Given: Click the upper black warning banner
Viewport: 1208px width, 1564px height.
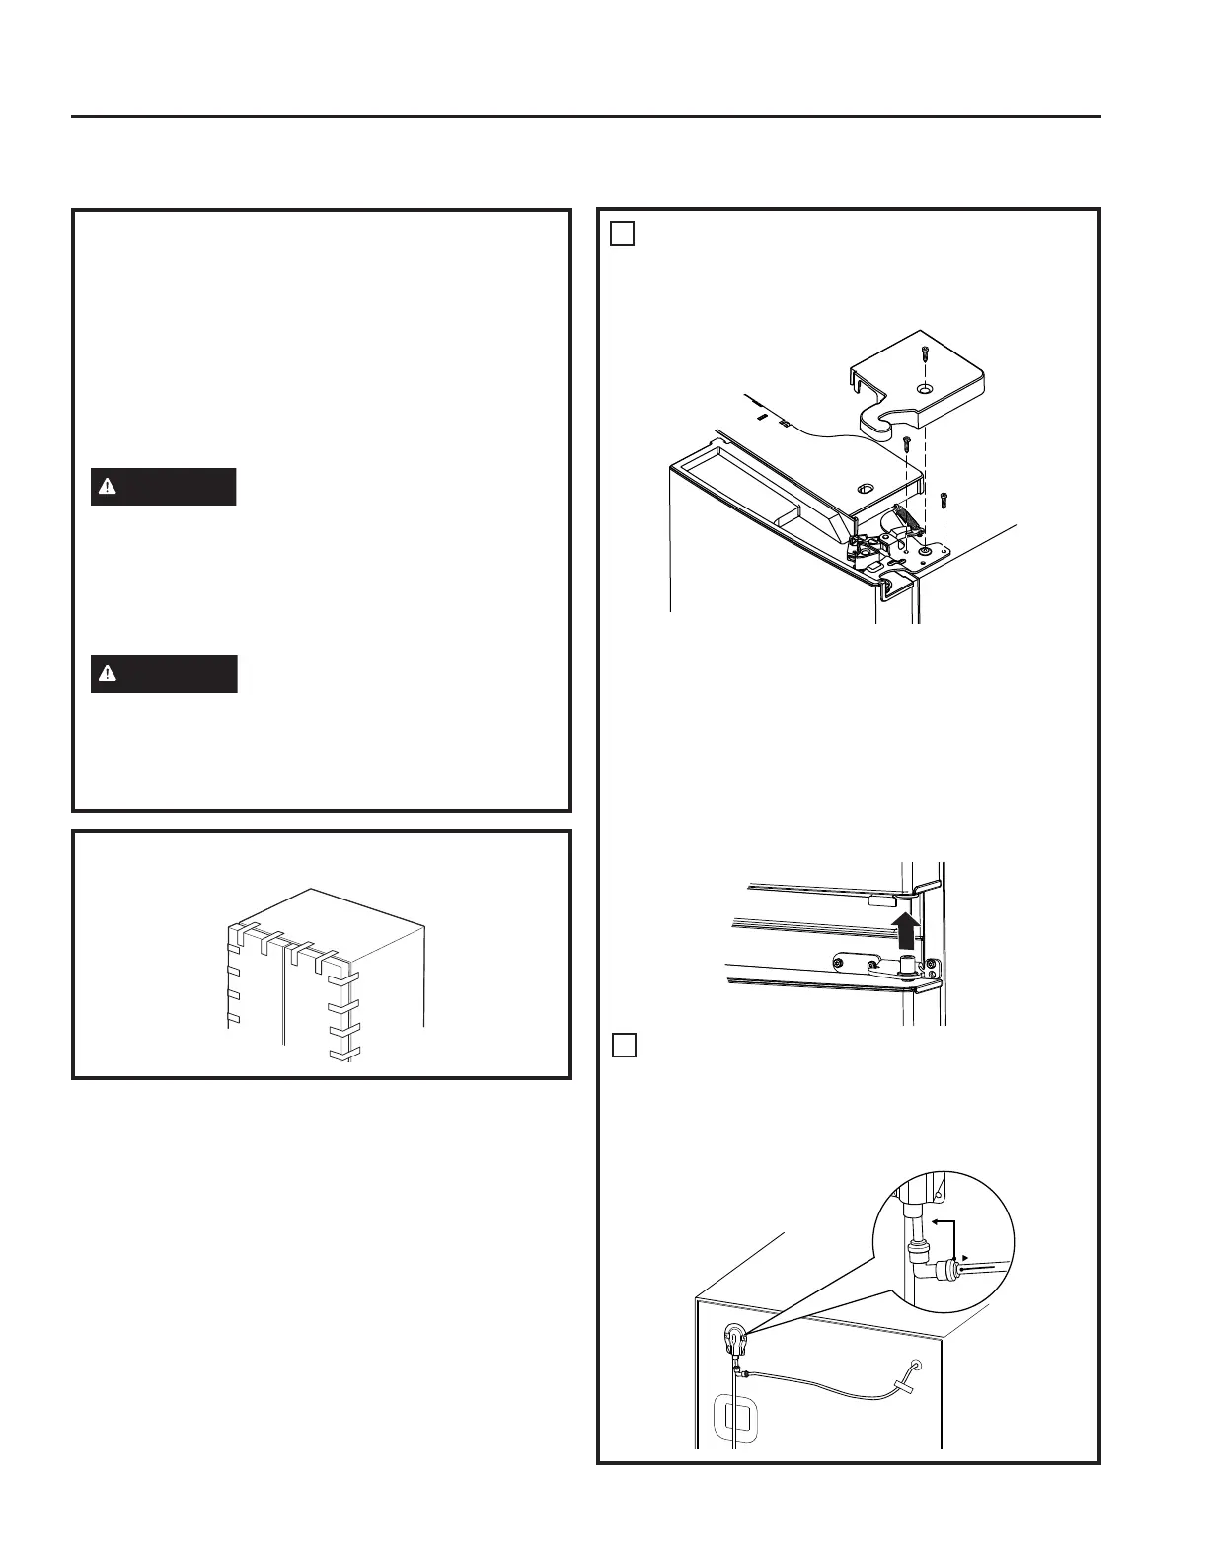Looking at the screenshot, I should click(163, 487).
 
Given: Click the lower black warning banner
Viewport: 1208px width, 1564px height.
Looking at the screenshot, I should click(163, 673).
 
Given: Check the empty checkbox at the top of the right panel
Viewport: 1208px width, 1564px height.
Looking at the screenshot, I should click(622, 233).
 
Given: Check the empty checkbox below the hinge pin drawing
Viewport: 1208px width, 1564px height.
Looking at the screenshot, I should click(624, 1045).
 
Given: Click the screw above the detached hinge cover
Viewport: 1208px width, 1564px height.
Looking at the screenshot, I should click(924, 353).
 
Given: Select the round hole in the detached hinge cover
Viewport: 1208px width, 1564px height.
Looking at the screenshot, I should click(922, 390).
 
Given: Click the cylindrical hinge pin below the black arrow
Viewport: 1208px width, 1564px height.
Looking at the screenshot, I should click(903, 963).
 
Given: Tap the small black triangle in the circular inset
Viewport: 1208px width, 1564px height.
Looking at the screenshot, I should click(966, 1258).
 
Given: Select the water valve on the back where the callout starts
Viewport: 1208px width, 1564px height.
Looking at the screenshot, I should click(735, 1341).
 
